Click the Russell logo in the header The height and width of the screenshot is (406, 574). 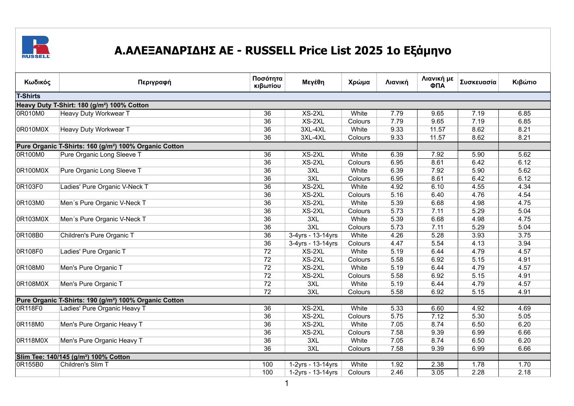[36, 47]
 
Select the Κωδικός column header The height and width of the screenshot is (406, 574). [37, 82]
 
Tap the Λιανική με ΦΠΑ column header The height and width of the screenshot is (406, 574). [437, 82]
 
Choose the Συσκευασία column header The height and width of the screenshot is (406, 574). [478, 82]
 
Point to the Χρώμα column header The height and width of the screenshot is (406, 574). [359, 82]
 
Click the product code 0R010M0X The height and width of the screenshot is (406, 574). [33, 130]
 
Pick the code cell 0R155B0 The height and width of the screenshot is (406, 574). [30, 365]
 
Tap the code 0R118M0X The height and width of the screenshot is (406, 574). [32, 341]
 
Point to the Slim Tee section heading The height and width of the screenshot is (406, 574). [73, 357]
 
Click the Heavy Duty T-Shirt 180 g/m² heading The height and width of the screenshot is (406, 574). [82, 105]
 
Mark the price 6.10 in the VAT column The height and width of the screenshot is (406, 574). [437, 187]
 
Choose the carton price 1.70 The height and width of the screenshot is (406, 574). [524, 365]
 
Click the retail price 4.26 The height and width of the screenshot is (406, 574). [397, 235]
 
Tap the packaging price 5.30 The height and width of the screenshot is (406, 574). [478, 317]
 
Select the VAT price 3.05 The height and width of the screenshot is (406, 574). [437, 373]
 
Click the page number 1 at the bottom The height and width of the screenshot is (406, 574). [287, 383]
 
